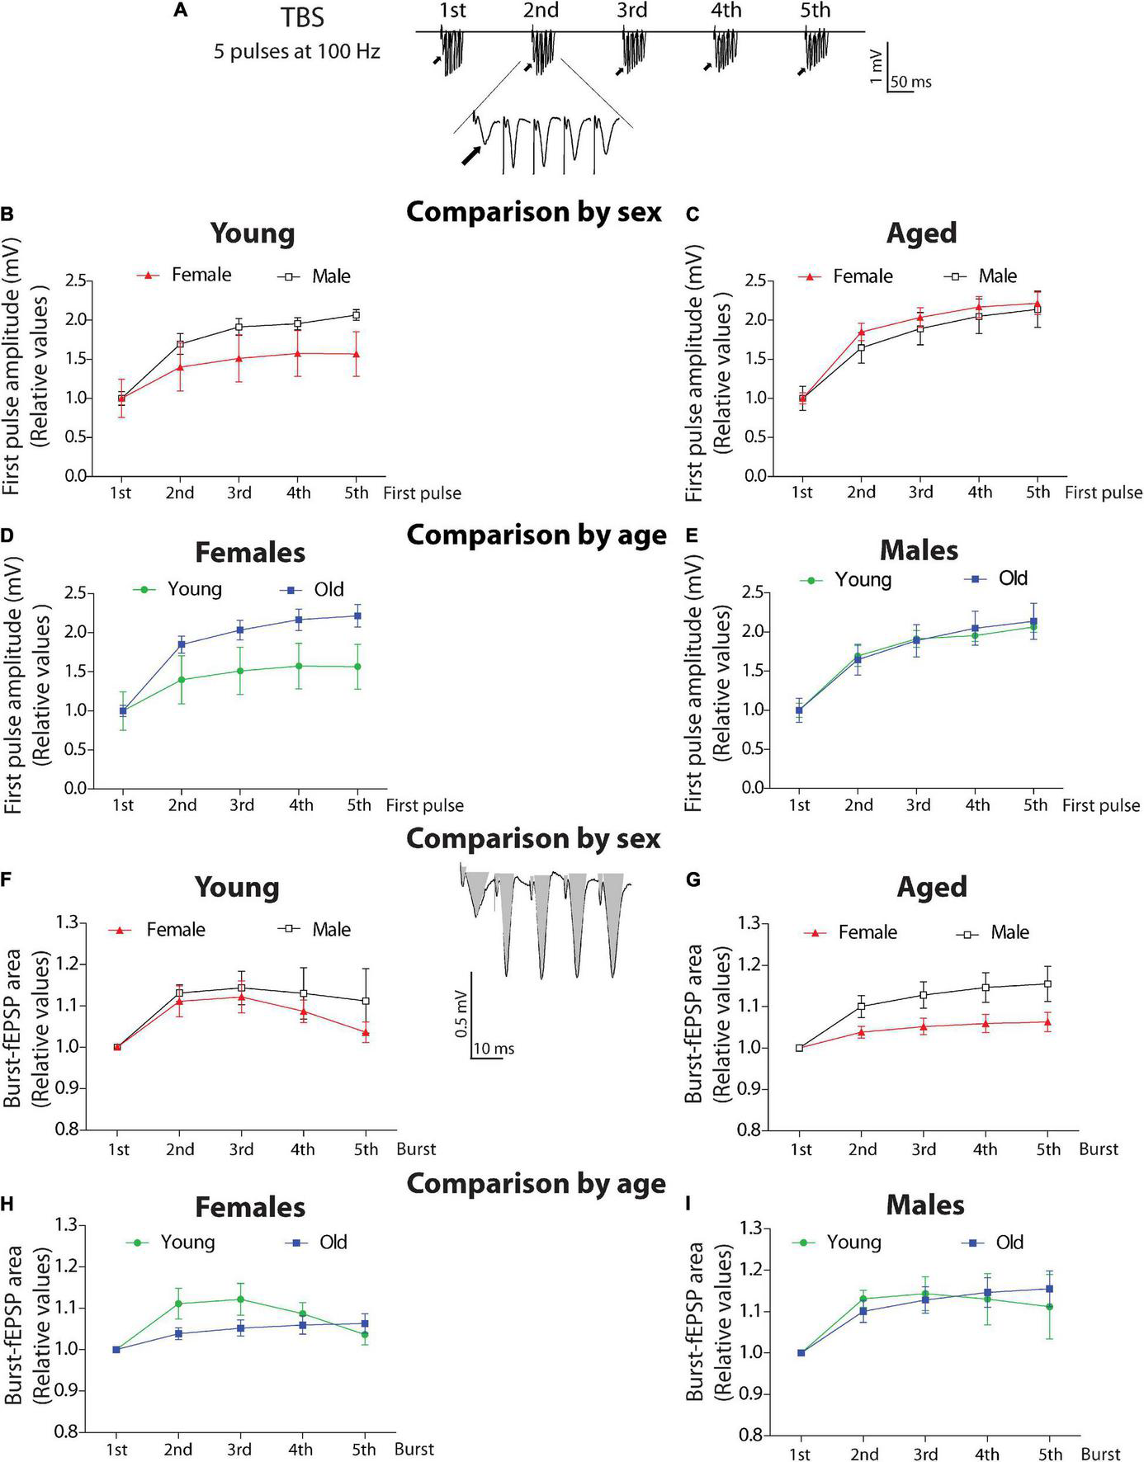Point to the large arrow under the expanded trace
471,154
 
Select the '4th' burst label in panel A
726,11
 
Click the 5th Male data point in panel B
357,314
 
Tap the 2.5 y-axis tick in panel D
74,593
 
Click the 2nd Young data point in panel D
182,679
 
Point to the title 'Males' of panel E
919,550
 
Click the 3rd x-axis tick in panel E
918,805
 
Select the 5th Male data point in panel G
1047,983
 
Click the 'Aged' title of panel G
932,887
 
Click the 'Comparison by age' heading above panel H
536,1184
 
